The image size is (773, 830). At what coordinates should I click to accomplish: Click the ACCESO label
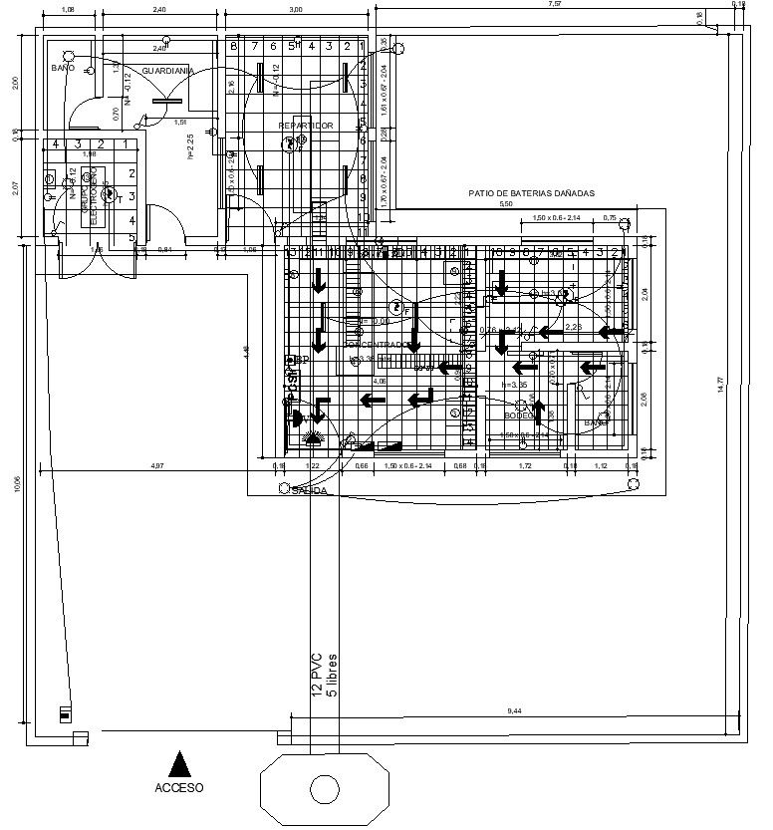179,787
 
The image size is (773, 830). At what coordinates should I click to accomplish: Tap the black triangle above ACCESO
179,764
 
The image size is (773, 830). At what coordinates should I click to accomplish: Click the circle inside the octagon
324,789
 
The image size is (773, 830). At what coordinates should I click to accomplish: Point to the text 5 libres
333,677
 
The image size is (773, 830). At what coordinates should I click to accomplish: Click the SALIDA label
311,491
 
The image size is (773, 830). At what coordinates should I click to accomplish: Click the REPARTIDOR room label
306,126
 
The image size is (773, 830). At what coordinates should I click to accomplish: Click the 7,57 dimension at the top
554,5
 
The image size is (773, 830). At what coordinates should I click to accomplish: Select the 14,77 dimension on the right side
748,383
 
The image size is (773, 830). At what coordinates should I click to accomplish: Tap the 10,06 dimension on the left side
17,484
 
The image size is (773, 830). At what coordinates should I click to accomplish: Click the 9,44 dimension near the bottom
514,710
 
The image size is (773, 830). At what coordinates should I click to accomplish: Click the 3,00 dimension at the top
296,9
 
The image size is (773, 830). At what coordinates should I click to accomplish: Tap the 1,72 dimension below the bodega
528,465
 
